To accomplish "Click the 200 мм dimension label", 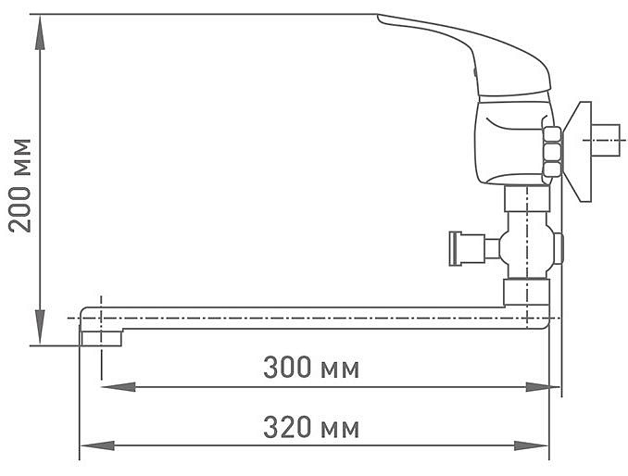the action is coord(19,185).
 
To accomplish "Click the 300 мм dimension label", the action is coord(311,368).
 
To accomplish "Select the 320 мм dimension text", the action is coord(311,427).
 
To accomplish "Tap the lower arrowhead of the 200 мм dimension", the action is coord(40,327).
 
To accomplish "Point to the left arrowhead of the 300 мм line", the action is coord(119,387).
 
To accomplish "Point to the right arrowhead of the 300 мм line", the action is coord(543,387).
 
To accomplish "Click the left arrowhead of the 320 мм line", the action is coord(97,445).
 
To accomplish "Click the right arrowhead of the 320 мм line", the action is coord(532,445).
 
